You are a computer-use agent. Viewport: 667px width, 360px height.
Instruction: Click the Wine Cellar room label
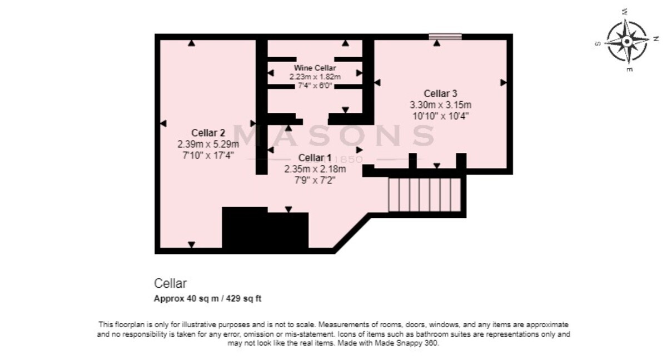click(315, 68)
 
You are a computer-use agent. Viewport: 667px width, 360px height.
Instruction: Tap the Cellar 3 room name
click(440, 93)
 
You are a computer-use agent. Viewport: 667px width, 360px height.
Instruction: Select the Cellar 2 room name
click(208, 133)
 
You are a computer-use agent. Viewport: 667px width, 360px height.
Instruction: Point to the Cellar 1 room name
click(315, 158)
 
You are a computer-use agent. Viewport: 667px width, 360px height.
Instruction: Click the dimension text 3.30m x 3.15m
click(440, 105)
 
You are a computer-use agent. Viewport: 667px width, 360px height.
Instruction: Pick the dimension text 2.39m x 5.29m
click(208, 144)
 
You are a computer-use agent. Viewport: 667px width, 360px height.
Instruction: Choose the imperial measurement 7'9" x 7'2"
click(315, 180)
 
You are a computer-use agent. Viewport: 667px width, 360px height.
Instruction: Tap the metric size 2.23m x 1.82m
click(315, 77)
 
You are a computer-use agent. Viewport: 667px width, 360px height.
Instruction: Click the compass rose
click(627, 41)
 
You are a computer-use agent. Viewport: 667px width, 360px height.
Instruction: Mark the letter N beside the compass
click(656, 39)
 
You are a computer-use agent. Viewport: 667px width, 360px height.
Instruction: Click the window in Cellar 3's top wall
click(445, 37)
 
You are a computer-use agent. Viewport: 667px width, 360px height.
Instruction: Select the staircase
click(425, 194)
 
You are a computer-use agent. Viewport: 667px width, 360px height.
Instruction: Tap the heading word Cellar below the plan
click(170, 283)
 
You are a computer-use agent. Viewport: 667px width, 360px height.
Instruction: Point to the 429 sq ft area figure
click(243, 298)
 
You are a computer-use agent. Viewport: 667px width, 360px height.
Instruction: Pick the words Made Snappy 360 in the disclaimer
click(406, 343)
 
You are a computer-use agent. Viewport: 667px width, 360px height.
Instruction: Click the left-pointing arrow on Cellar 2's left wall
click(163, 123)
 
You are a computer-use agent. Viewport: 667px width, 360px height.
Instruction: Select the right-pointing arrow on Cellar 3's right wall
click(504, 82)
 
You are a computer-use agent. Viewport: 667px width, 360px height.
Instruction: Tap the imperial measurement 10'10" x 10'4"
click(440, 116)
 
